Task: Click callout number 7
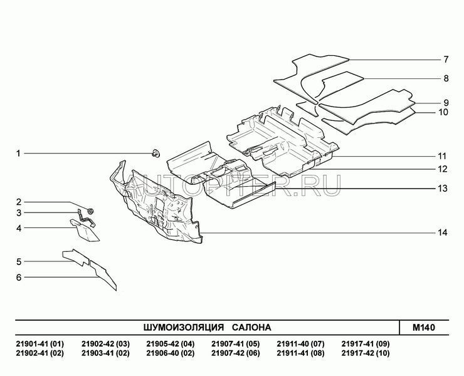pos(446,60)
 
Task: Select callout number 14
pos(443,233)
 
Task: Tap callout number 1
pos(18,154)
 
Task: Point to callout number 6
pos(19,278)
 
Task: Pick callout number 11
pos(442,156)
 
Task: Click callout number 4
pos(19,228)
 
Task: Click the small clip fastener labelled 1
pos(156,154)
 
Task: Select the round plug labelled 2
pos(90,211)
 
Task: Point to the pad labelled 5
pos(75,257)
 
